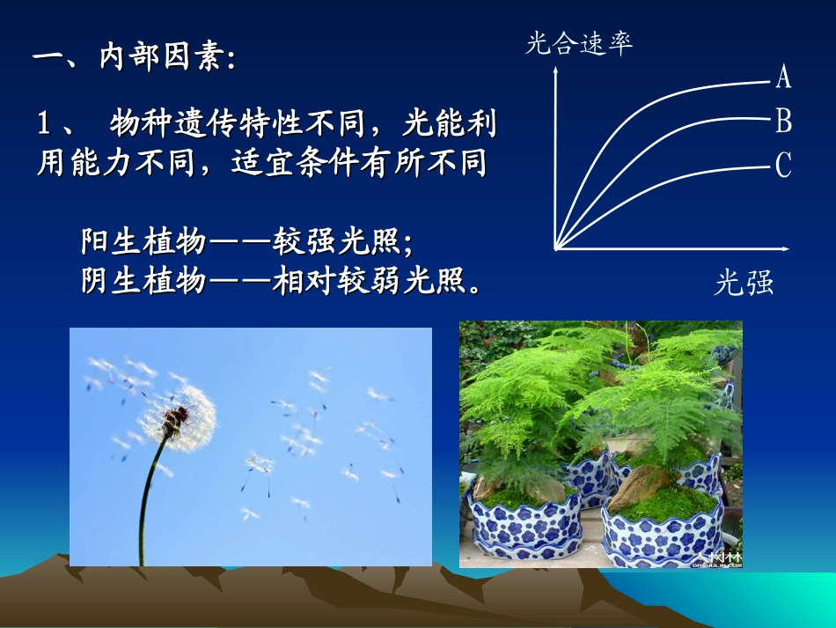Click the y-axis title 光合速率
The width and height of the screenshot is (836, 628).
click(x=579, y=44)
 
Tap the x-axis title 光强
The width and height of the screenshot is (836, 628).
click(x=744, y=283)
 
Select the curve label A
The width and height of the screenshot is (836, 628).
click(x=783, y=78)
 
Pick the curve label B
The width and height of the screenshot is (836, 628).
click(x=783, y=121)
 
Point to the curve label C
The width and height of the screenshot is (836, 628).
click(x=783, y=165)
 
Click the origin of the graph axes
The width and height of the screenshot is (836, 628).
click(x=555, y=250)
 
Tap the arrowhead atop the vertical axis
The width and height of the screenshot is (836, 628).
click(x=555, y=71)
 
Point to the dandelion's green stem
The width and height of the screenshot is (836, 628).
click(x=147, y=502)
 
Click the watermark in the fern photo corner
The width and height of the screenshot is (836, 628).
click(x=717, y=558)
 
